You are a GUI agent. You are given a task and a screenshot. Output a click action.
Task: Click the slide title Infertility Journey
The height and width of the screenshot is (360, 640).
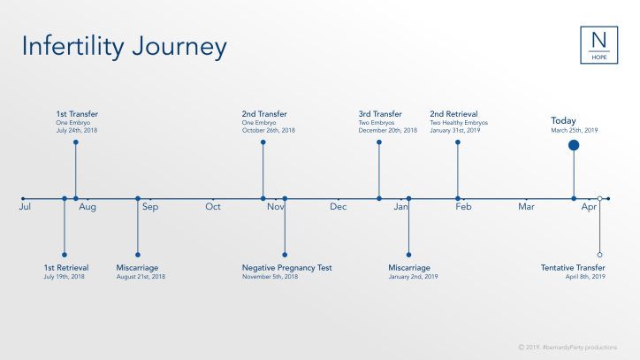point(124,46)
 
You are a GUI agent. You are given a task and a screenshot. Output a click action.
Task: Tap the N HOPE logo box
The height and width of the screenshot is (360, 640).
point(598,45)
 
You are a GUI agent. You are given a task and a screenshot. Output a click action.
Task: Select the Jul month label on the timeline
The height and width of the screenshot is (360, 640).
point(25,207)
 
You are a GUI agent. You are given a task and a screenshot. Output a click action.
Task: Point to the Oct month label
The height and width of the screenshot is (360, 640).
point(213,207)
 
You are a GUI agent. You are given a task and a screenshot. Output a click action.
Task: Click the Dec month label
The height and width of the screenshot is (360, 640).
point(339,207)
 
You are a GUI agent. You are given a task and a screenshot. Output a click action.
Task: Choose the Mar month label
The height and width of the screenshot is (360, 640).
point(527,207)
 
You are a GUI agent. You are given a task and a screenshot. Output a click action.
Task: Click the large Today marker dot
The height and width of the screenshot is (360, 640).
point(574,145)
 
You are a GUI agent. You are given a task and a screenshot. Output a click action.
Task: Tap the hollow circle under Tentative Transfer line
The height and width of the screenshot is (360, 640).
point(599,255)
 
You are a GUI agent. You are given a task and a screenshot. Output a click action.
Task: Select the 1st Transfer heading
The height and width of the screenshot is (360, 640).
point(77,114)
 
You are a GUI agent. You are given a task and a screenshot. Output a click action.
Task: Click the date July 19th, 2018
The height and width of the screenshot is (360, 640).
point(65,277)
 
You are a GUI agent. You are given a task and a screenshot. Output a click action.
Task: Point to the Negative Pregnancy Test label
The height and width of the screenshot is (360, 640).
point(287,267)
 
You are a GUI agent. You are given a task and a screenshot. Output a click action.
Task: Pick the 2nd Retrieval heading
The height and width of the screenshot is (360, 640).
point(453,114)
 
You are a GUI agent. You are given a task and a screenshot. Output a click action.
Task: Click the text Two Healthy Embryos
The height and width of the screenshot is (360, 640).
point(459,123)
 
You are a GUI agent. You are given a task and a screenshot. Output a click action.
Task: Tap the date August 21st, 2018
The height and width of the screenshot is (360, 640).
point(141,277)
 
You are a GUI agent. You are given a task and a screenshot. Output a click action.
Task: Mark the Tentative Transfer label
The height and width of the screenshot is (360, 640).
point(574,267)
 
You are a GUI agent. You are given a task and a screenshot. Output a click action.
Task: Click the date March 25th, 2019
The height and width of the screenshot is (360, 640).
point(575,131)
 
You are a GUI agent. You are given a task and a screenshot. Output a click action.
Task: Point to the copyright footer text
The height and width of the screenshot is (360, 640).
point(575,346)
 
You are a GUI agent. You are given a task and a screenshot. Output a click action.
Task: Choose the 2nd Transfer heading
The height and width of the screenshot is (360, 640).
point(264,114)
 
